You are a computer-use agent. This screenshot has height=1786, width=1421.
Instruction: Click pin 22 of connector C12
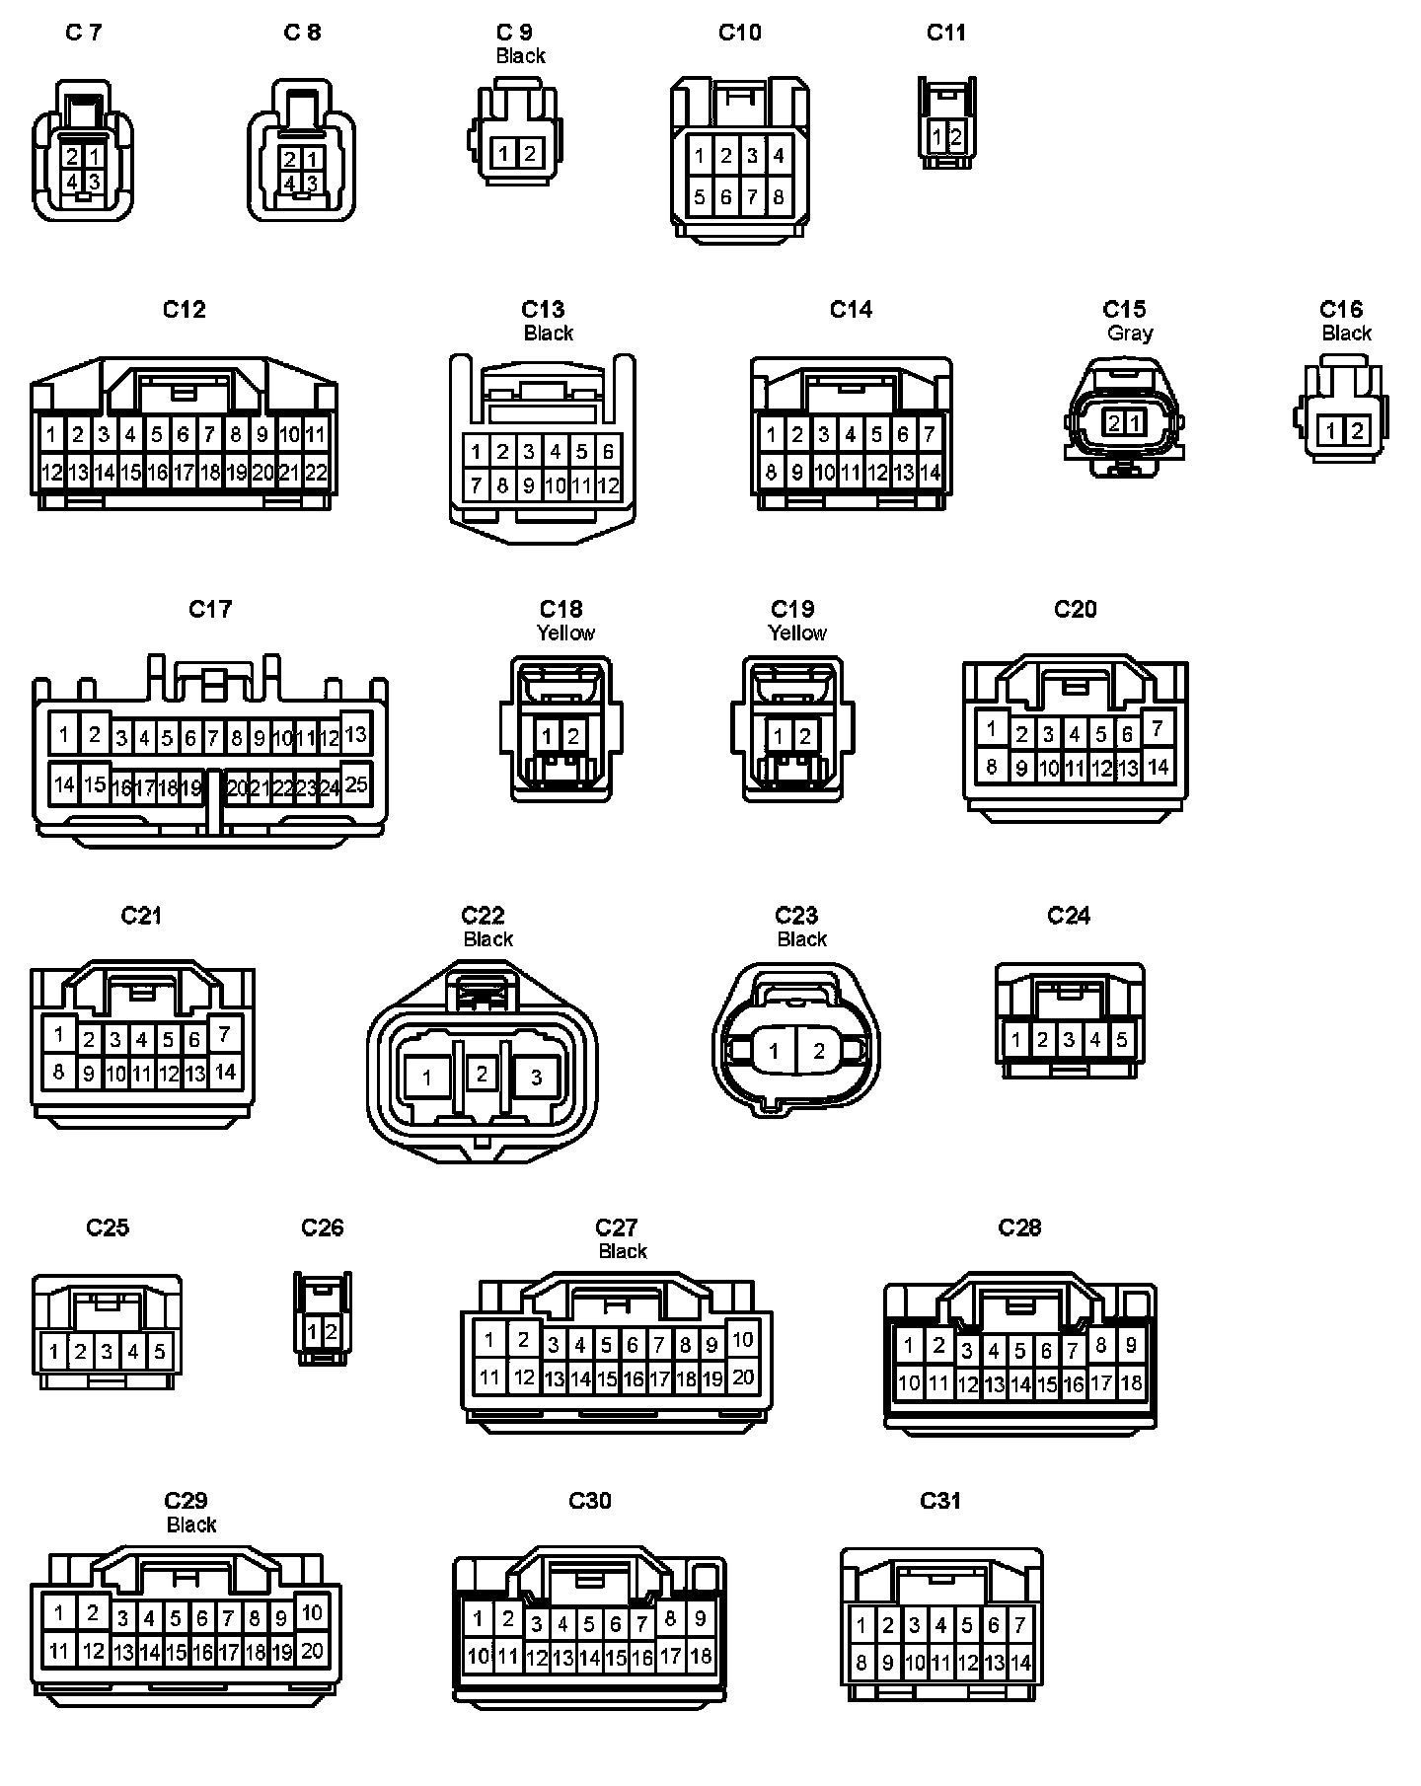pos(316,473)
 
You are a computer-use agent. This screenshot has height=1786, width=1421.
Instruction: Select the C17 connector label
pos(210,609)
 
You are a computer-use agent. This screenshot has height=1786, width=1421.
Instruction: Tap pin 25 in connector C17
pos(356,783)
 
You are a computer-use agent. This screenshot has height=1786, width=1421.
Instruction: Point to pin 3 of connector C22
pos(536,1077)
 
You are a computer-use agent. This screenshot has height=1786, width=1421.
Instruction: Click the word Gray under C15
pos(1130,334)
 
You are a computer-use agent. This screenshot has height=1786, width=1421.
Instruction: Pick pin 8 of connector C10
pos(778,197)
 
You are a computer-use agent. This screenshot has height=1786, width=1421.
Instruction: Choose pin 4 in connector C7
pos(72,182)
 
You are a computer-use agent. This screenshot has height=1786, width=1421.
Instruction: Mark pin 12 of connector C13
pos(608,485)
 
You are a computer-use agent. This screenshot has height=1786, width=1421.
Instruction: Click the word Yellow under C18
pos(565,633)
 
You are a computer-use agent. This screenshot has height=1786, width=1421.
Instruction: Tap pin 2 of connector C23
pos(818,1051)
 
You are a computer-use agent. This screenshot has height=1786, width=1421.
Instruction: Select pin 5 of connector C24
pos(1121,1039)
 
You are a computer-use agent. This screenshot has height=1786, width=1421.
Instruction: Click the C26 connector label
pos(323,1228)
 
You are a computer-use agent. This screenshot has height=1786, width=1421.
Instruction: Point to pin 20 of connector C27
pos(742,1377)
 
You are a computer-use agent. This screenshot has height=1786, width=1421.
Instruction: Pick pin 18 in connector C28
pos(1131,1383)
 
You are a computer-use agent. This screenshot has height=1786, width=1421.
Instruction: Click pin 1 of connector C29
pos(59,1613)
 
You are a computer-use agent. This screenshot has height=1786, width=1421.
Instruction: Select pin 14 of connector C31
pos(1020,1663)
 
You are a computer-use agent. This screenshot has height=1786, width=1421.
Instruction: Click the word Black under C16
pos(1346,334)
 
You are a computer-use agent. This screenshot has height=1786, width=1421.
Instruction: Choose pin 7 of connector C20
pos(1158,729)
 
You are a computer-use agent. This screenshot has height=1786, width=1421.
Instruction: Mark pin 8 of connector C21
pos(58,1071)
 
